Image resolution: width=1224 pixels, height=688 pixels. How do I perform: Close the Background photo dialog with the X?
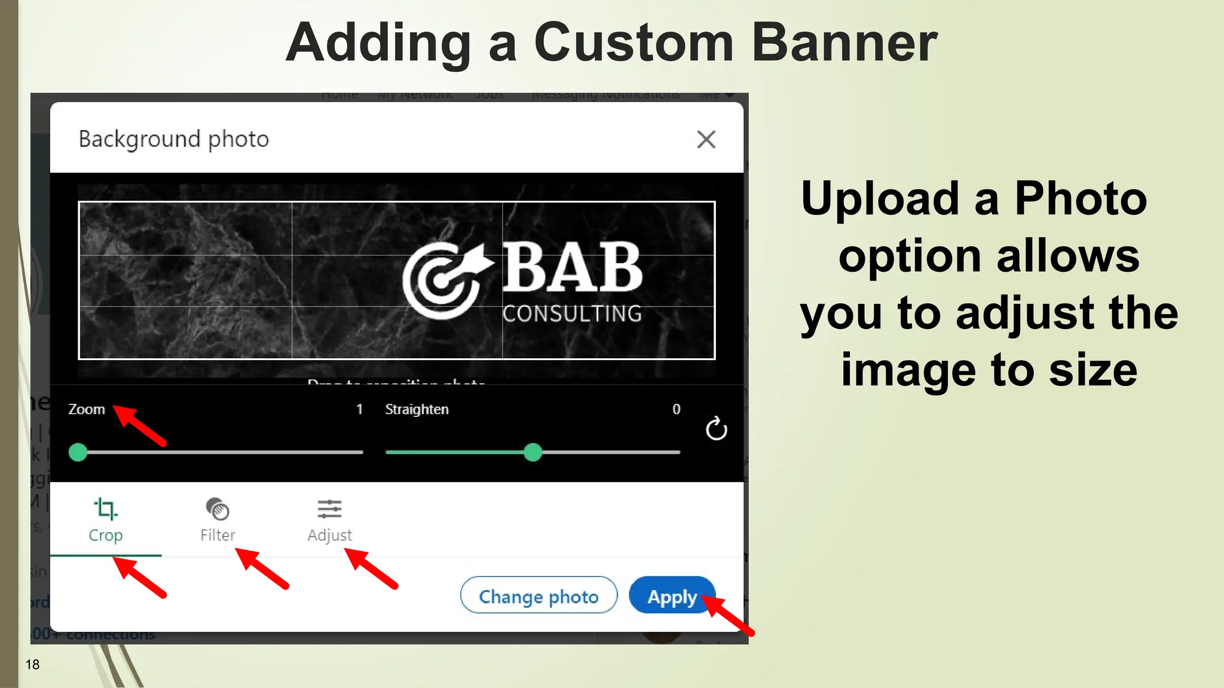(x=706, y=140)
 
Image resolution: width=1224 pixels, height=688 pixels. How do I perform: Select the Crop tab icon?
(x=106, y=509)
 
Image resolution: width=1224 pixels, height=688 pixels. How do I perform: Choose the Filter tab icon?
(x=218, y=509)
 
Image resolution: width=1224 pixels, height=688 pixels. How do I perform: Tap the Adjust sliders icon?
(x=329, y=509)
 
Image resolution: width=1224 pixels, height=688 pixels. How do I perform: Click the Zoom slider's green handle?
(x=78, y=452)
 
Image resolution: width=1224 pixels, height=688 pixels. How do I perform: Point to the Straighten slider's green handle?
(x=533, y=452)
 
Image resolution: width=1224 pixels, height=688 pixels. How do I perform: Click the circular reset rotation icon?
(x=716, y=429)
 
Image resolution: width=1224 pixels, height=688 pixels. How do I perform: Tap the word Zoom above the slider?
(x=87, y=409)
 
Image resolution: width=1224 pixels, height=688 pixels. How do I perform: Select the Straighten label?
(x=417, y=409)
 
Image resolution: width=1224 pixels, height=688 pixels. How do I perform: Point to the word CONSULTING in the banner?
(x=572, y=314)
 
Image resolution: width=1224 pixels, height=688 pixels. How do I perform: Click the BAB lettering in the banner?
(x=572, y=268)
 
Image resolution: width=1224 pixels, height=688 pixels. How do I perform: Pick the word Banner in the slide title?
(x=844, y=43)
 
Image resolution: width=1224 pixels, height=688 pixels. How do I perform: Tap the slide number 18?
(x=32, y=664)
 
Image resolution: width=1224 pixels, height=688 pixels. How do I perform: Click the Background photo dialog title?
(x=174, y=139)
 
